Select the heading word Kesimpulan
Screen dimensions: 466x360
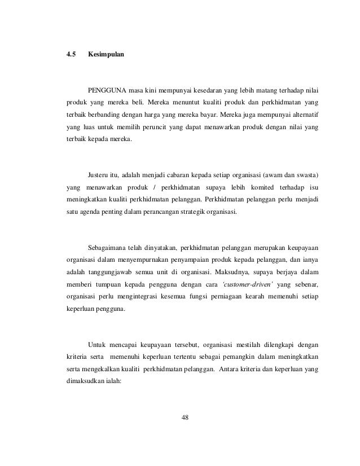pyautogui.click(x=107, y=55)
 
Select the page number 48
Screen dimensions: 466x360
pyautogui.click(x=185, y=418)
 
